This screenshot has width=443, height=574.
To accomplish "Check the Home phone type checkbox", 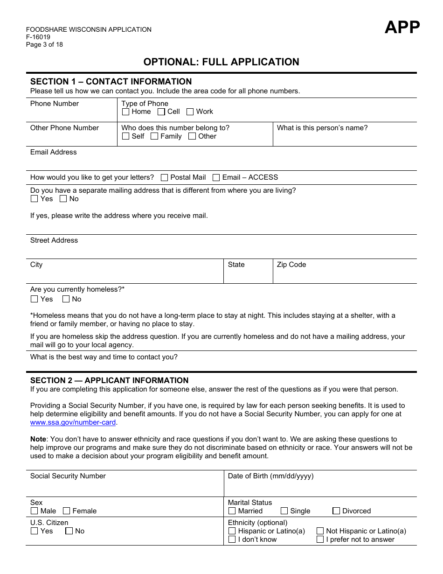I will [x=125, y=112].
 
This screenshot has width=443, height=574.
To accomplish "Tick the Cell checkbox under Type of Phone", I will [x=161, y=112].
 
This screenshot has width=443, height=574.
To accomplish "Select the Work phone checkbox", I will [x=190, y=112].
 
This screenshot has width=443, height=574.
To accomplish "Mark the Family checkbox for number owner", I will [x=154, y=136].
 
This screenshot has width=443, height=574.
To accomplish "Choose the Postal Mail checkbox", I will [x=164, y=178].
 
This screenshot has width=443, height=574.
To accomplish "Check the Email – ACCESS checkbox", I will [x=216, y=178].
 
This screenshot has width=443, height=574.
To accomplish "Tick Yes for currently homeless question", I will [x=34, y=299].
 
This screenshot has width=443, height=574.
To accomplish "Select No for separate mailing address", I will [x=63, y=199].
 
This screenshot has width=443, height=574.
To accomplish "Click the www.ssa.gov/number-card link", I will [x=73, y=422].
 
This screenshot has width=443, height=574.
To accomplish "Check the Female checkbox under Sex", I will [x=67, y=511].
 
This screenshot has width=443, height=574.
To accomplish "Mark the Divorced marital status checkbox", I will [x=336, y=511].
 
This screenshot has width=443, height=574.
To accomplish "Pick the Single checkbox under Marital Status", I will [x=284, y=511].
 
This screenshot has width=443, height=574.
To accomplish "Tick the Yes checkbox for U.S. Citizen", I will [x=34, y=531].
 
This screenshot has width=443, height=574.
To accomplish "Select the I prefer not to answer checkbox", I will [x=320, y=539].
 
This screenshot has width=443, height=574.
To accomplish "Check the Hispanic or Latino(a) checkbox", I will [x=232, y=531].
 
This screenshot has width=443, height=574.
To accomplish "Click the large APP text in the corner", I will [x=402, y=28].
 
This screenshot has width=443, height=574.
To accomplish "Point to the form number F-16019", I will [x=38, y=37].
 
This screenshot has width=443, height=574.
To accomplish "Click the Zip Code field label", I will [x=291, y=265].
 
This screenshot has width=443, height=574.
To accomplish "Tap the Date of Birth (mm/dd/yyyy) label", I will [x=270, y=476].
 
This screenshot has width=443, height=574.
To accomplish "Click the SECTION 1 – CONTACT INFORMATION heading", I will [x=111, y=82].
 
